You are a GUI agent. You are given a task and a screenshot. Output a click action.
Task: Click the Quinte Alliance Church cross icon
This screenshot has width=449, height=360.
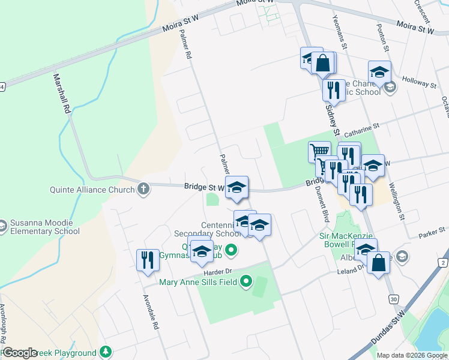[143, 190]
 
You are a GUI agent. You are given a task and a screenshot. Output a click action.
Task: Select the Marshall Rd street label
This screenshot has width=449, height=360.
[62, 94]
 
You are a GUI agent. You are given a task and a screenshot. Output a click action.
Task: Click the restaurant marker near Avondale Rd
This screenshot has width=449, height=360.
[148, 260]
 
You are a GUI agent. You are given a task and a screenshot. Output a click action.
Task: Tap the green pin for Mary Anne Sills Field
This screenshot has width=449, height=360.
[246, 281]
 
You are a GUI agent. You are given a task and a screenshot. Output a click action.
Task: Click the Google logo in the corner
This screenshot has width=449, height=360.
[19, 353]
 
